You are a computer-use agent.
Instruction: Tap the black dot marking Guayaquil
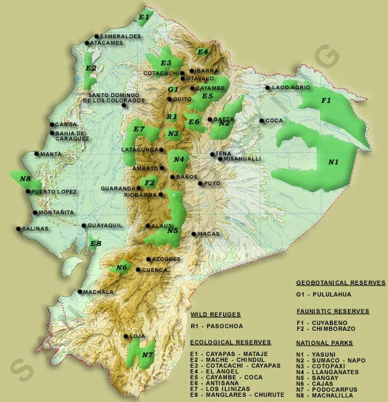click(84, 226)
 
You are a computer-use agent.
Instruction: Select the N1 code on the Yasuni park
click(333, 162)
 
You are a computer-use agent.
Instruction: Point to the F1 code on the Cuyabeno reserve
click(327, 100)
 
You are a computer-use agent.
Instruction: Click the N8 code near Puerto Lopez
click(25, 179)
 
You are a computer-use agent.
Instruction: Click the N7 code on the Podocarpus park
click(147, 355)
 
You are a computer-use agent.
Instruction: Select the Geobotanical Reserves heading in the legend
click(340, 283)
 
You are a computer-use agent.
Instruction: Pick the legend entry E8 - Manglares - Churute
click(237, 394)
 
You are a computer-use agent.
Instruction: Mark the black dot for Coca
click(261, 120)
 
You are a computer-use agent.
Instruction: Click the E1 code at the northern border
click(144, 16)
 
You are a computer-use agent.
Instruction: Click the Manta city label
click(50, 154)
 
